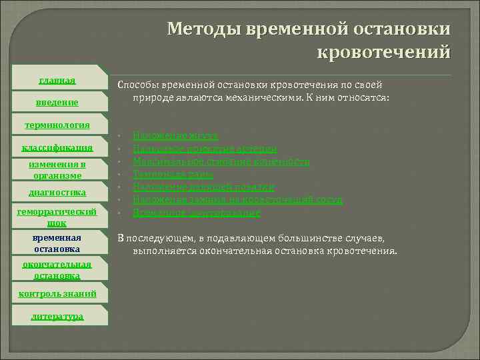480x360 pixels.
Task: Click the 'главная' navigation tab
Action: tap(57, 81)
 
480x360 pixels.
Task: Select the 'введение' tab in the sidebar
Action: tap(57, 102)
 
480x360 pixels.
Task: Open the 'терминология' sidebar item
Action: tap(57, 125)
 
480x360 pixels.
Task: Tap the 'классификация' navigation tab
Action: tap(57, 147)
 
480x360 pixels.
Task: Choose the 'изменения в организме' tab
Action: tap(57, 169)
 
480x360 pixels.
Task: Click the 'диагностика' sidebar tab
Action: tap(57, 193)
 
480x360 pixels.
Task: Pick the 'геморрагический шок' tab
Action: tap(57, 217)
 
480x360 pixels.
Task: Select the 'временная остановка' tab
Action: tap(57, 243)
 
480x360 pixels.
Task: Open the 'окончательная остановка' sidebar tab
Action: tap(57, 269)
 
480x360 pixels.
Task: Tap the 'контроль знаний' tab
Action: tap(57, 293)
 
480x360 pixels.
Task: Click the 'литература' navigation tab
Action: tap(57, 316)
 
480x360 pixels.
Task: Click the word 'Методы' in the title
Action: tap(203, 28)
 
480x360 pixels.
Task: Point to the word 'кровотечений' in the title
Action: tap(384, 51)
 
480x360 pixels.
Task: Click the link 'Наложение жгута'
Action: tap(175, 135)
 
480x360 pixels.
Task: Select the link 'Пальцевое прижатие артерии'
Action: tap(205, 149)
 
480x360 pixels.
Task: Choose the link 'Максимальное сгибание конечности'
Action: tap(221, 161)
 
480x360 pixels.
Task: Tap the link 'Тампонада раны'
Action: tap(173, 175)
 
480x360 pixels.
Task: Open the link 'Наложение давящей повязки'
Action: tap(203, 187)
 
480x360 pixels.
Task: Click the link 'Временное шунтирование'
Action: tap(196, 213)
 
